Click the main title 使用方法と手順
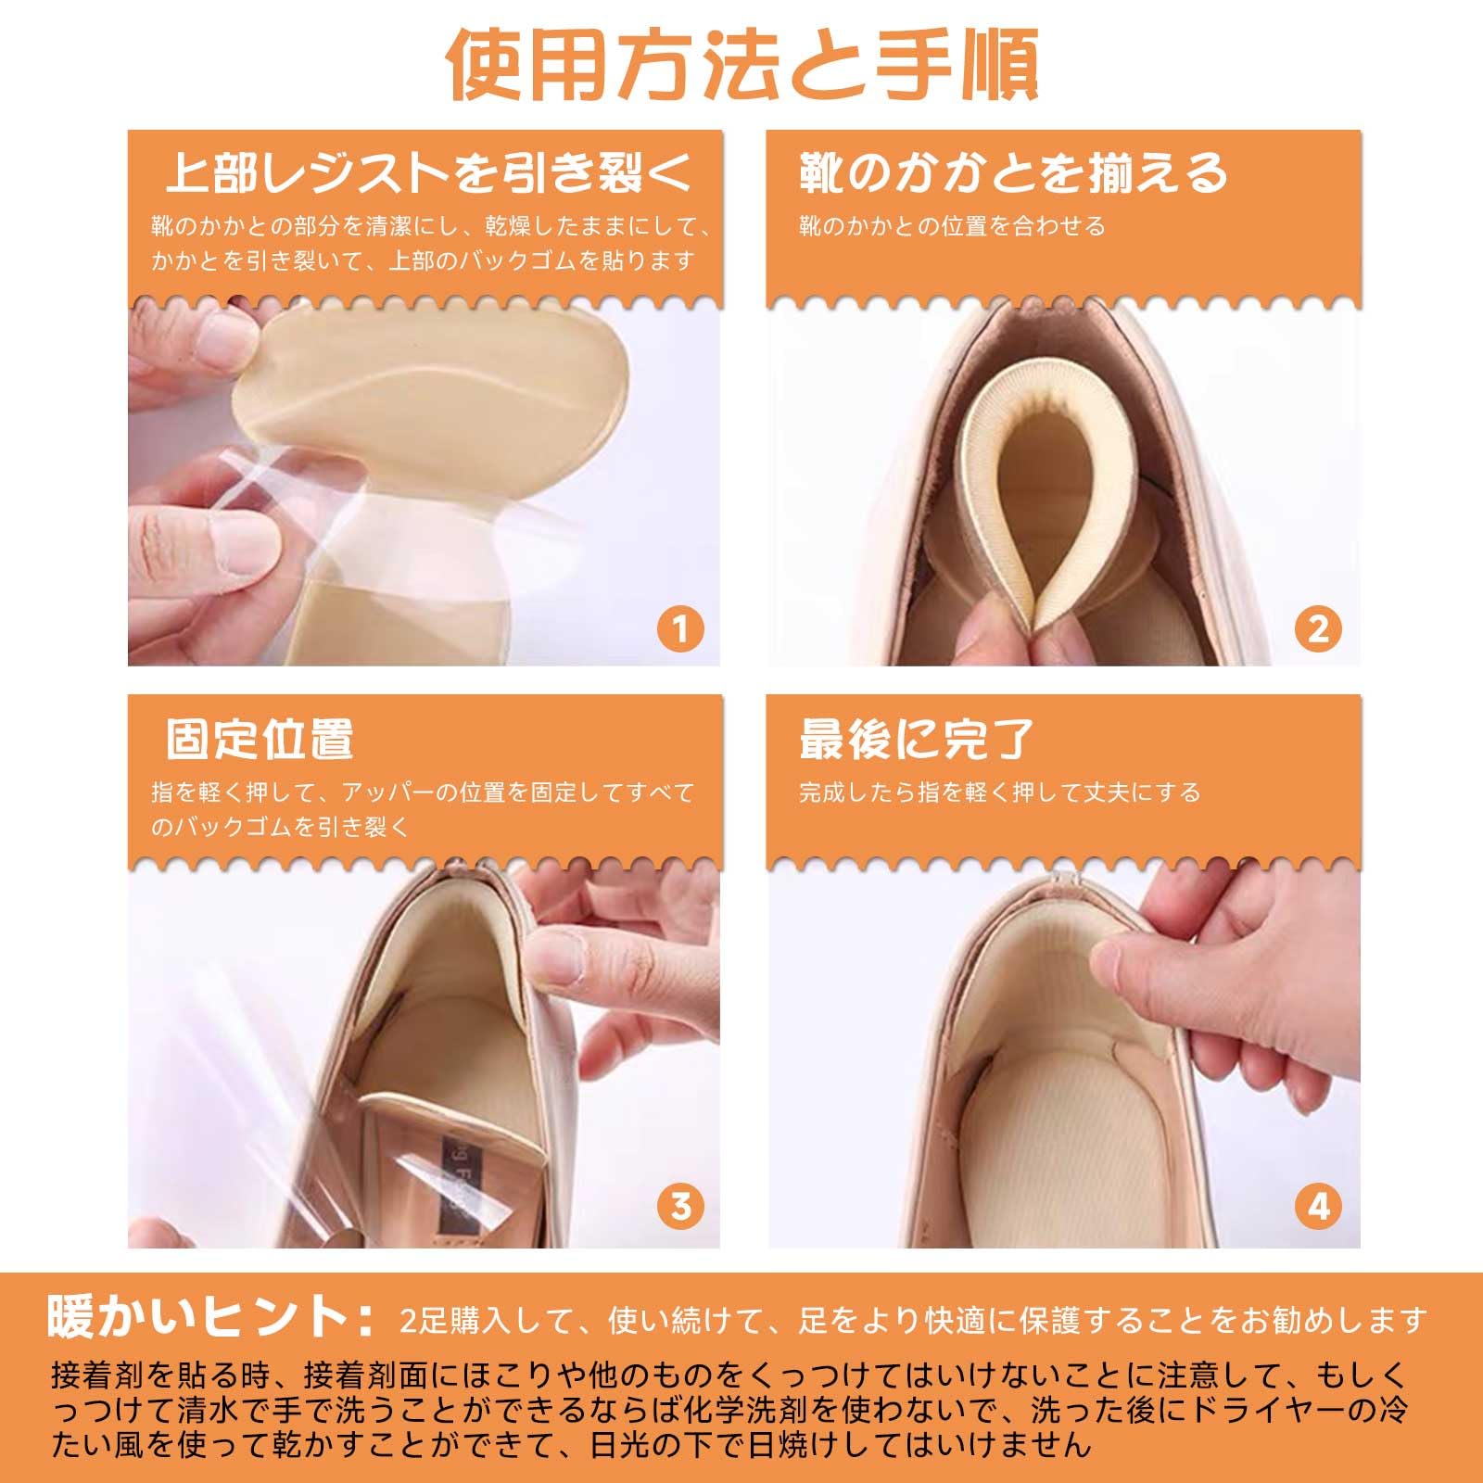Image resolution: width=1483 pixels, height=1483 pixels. pos(741,65)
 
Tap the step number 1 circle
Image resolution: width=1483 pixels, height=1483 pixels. pos(680,630)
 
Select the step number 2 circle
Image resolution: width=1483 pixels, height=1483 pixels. pos(1318,630)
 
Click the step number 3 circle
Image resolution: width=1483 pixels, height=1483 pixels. pos(680,1207)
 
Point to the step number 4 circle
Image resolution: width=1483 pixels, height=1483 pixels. pos(1318,1207)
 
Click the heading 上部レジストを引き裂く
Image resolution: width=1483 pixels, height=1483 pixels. pos(429,173)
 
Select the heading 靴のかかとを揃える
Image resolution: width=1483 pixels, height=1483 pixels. pos(1013,173)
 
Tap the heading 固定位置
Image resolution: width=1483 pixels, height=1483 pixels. pos(260,740)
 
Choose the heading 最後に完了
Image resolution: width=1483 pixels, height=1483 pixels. pos(916,740)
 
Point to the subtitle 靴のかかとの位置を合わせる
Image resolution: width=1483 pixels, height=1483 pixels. pos(952,226)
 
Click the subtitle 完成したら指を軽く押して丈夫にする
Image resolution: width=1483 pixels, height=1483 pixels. pos(1000,792)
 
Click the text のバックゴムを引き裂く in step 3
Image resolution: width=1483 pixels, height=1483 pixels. pos(280,827)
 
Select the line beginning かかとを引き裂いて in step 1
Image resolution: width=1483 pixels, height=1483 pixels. pos(423,260)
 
